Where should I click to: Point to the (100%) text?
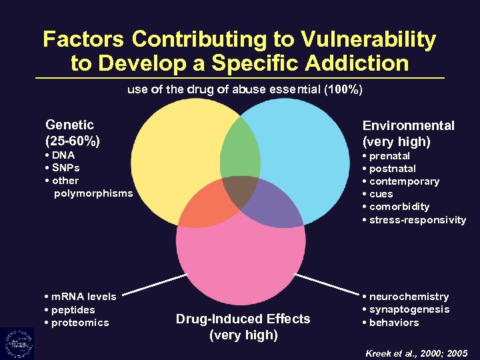click(x=343, y=89)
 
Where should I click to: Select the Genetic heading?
click(x=69, y=125)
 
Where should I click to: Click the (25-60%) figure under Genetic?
click(x=73, y=141)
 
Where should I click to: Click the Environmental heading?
click(x=408, y=125)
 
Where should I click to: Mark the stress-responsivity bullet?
click(x=417, y=220)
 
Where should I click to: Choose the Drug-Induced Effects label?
click(x=243, y=319)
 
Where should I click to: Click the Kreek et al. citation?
click(x=417, y=353)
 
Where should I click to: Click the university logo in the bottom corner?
click(x=17, y=343)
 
